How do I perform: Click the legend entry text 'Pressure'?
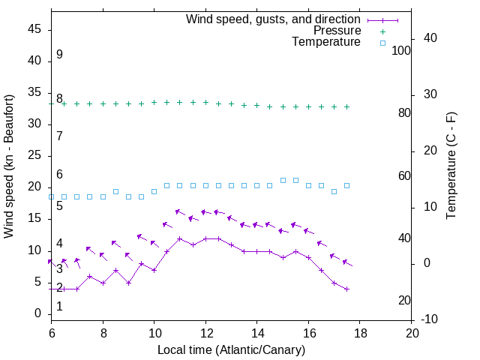pos(337,31)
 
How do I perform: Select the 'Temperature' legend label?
pos(326,42)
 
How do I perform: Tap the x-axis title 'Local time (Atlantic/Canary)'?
pos(231,349)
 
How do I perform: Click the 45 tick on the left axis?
pos(34,29)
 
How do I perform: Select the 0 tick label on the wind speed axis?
pos(38,314)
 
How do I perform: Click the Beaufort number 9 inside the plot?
pos(59,55)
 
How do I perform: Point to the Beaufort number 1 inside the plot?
pos(59,307)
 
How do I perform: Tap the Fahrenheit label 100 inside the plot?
pos(401,50)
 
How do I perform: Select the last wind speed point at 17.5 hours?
pos(347,289)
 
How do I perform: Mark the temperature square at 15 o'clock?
pos(283,180)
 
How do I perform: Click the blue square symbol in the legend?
pos(382,43)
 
